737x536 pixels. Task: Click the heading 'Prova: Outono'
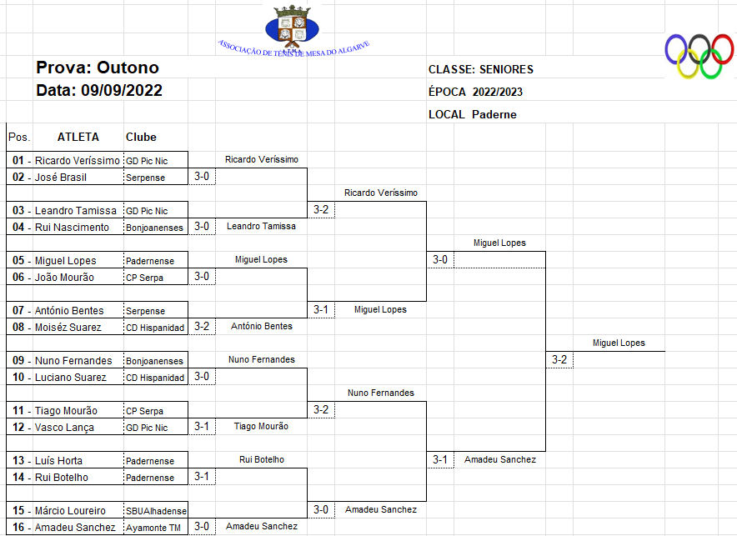[98, 68]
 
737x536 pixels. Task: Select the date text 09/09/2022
[122, 90]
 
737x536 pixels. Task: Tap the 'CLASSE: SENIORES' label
[481, 69]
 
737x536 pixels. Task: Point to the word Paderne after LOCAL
[494, 114]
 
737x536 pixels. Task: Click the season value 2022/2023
[498, 92]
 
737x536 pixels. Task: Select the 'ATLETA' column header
[78, 137]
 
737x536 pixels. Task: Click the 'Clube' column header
[141, 137]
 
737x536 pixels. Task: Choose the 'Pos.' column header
[18, 137]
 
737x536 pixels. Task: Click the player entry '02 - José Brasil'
[49, 177]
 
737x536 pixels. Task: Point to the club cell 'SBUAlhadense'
[156, 511]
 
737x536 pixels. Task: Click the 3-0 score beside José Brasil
[202, 177]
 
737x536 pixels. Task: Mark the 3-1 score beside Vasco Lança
[202, 427]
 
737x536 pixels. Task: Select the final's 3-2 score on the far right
[559, 359]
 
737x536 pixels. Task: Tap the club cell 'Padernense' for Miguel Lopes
[150, 261]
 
